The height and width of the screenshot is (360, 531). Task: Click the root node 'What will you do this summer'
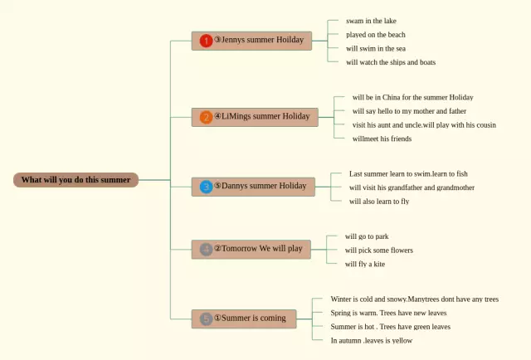[x=76, y=180]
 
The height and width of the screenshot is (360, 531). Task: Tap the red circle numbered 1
[x=206, y=41]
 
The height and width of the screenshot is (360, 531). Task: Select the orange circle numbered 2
[x=206, y=118]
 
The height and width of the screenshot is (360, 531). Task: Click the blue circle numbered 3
[x=206, y=187]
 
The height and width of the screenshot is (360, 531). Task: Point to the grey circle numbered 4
[x=206, y=250]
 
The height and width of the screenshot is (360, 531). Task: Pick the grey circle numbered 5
[x=206, y=319]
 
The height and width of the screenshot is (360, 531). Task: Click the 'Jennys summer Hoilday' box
[x=251, y=41]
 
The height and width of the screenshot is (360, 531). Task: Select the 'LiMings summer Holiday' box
[x=255, y=118]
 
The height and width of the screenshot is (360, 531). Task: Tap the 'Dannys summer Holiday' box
[x=253, y=187]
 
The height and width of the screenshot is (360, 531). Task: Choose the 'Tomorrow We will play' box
[x=251, y=250]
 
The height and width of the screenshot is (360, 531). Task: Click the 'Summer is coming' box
[x=244, y=319]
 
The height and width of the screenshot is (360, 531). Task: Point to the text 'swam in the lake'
[x=371, y=21]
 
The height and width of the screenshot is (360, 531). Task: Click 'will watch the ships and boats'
[x=391, y=62]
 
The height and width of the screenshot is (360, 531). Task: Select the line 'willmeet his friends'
[x=382, y=139]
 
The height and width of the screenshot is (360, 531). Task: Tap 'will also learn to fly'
[x=379, y=202]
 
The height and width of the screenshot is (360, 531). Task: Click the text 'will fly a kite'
[x=365, y=264]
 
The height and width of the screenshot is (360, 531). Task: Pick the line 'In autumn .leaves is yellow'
[x=372, y=341]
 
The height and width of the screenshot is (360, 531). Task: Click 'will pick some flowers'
[x=379, y=251]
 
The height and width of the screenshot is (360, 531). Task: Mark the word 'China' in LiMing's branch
[x=391, y=98]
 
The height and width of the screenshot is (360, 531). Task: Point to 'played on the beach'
[x=376, y=35]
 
